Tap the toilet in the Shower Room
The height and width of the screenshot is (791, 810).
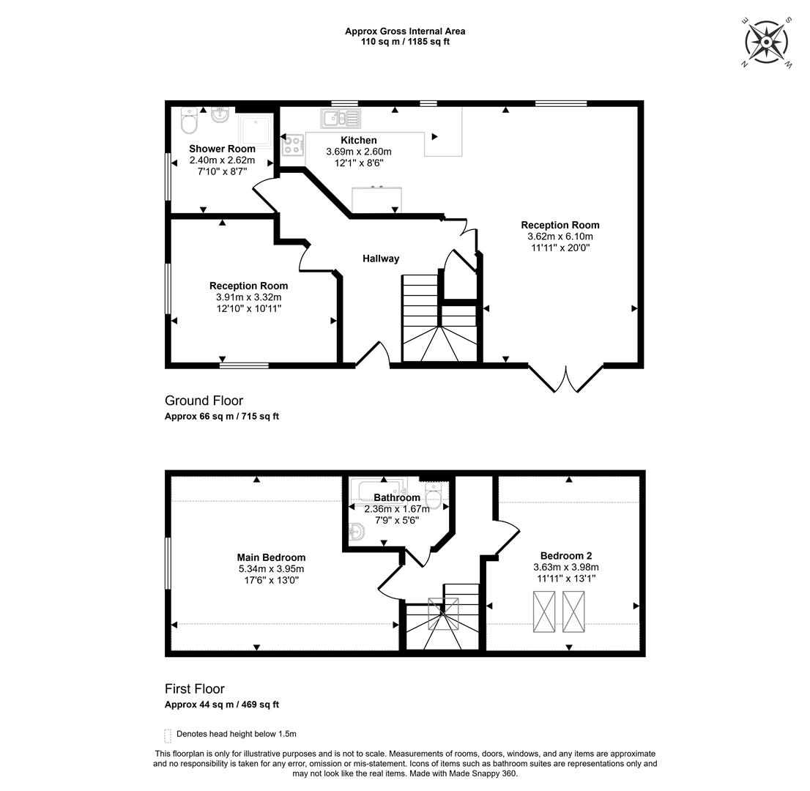189,120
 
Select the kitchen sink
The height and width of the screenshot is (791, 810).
341,119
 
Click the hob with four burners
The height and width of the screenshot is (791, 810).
293,144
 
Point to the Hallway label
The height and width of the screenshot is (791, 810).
381,259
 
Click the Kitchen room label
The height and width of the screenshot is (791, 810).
359,140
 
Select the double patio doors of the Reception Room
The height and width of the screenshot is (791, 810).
566,378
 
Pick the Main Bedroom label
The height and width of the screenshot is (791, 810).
271,557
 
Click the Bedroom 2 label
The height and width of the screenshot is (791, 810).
566,556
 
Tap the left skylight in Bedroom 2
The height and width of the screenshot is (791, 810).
544,612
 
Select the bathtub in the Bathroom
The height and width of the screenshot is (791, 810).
378,489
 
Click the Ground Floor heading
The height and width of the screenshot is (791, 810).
204,401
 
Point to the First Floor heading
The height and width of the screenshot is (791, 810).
195,688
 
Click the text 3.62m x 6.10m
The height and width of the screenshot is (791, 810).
560,237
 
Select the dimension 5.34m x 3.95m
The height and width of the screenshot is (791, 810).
271,569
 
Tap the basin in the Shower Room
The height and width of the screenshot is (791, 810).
220,114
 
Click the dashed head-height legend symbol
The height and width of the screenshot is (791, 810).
168,735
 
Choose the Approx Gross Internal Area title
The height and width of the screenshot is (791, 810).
405,31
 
